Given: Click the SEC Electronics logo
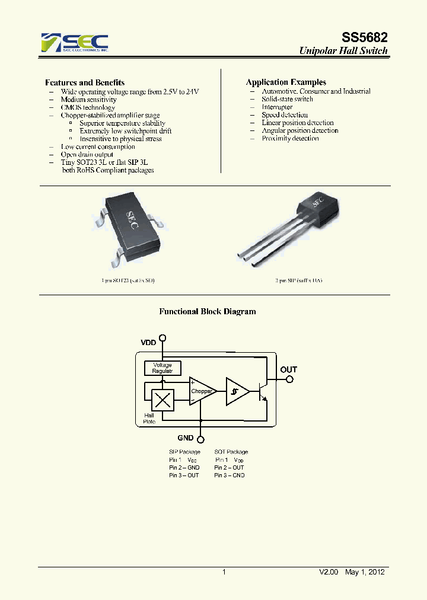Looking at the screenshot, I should pos(74,43).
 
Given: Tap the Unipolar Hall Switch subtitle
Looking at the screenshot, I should pos(343,51).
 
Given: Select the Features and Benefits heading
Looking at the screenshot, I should pos(85,82).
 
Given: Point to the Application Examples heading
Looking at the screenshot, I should pos(286,82).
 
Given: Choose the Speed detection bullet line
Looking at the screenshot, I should pos(285,115).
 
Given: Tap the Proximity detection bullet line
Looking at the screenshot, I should pos(290,138).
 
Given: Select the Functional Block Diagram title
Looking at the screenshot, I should pos(208,311).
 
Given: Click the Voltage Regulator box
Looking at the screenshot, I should pos(162,368).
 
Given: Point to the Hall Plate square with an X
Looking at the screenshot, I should pos(162,400).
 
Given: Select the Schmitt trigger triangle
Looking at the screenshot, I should pos(236,391).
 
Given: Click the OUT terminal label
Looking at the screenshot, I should pos(289,369).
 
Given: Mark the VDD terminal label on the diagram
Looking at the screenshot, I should pos(149,343).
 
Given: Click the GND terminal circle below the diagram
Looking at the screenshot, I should pos(201,439).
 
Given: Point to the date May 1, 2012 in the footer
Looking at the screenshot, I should pos(365,572).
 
